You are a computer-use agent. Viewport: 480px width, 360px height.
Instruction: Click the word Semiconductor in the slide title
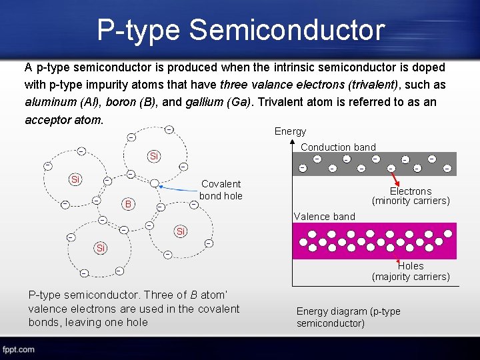287,31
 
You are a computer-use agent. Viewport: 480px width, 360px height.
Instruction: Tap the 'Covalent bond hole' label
221,189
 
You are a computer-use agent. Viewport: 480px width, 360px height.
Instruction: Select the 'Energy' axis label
290,131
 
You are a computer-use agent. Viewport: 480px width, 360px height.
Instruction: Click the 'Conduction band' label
339,147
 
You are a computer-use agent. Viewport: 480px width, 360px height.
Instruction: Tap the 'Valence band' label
325,216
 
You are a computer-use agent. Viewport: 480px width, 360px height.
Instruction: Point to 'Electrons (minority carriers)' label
411,195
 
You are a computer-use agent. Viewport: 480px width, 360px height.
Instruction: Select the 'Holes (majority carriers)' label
411,271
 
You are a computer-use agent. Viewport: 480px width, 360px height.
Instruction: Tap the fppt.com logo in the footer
18,349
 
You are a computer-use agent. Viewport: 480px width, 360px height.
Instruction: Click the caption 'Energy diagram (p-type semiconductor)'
348,317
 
